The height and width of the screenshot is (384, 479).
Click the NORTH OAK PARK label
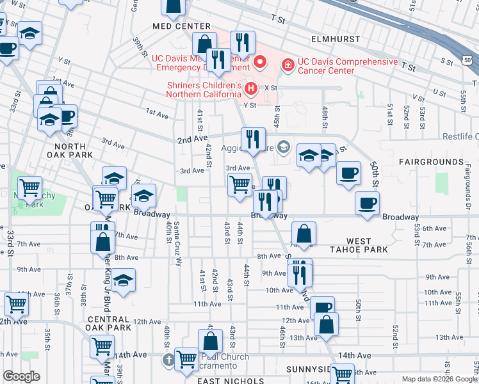(x=69, y=150)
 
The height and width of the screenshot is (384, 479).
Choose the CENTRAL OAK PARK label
(x=108, y=323)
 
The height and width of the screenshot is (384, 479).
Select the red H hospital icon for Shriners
(x=251, y=88)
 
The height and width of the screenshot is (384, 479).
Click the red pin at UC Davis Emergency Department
(x=260, y=62)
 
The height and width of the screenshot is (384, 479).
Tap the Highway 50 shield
(x=468, y=60)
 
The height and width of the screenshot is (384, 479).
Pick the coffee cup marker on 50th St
(x=348, y=173)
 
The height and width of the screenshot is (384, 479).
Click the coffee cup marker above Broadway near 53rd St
(x=367, y=204)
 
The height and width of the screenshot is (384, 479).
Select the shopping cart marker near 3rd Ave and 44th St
(x=239, y=184)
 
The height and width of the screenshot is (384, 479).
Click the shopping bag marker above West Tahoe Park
(x=304, y=234)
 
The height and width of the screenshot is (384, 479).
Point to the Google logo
(x=21, y=376)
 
